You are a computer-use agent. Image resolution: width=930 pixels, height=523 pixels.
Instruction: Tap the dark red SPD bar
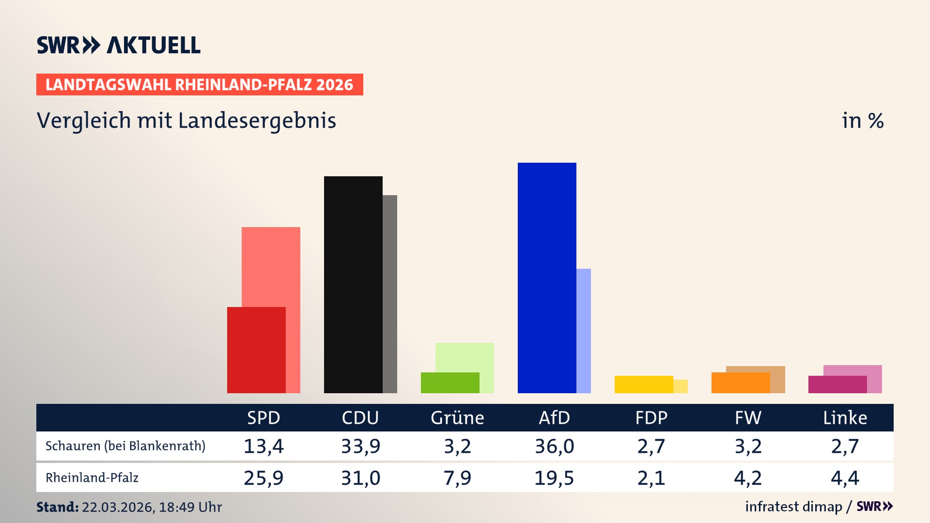click(x=256, y=350)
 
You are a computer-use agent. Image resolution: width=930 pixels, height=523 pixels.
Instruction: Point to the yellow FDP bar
click(x=644, y=384)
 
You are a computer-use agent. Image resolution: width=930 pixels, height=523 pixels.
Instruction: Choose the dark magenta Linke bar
click(x=837, y=384)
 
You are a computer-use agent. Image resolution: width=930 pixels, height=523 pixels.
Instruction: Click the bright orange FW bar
click(x=741, y=383)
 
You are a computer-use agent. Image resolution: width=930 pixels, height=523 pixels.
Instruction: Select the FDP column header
click(x=651, y=417)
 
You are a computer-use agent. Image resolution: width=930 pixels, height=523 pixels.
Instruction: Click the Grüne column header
click(x=457, y=417)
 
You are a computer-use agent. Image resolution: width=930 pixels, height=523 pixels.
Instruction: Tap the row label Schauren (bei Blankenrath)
click(x=125, y=446)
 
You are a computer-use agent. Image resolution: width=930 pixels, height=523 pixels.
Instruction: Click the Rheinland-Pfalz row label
click(x=92, y=477)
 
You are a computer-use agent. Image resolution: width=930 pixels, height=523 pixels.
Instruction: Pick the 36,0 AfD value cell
click(x=554, y=446)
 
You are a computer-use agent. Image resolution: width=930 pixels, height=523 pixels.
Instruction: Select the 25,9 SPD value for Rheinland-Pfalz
click(x=263, y=478)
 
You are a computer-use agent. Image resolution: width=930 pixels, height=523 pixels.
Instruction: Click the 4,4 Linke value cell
click(x=845, y=478)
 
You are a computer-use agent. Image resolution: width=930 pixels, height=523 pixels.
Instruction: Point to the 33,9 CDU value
click(x=360, y=446)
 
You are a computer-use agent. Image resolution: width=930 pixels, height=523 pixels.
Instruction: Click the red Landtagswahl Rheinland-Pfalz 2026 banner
click(x=200, y=84)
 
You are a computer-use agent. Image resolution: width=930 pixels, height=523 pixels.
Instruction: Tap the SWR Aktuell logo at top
click(x=119, y=45)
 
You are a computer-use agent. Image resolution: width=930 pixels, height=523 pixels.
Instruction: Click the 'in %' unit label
click(x=862, y=121)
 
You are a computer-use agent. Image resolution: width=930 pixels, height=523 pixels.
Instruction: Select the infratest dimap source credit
click(x=793, y=507)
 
